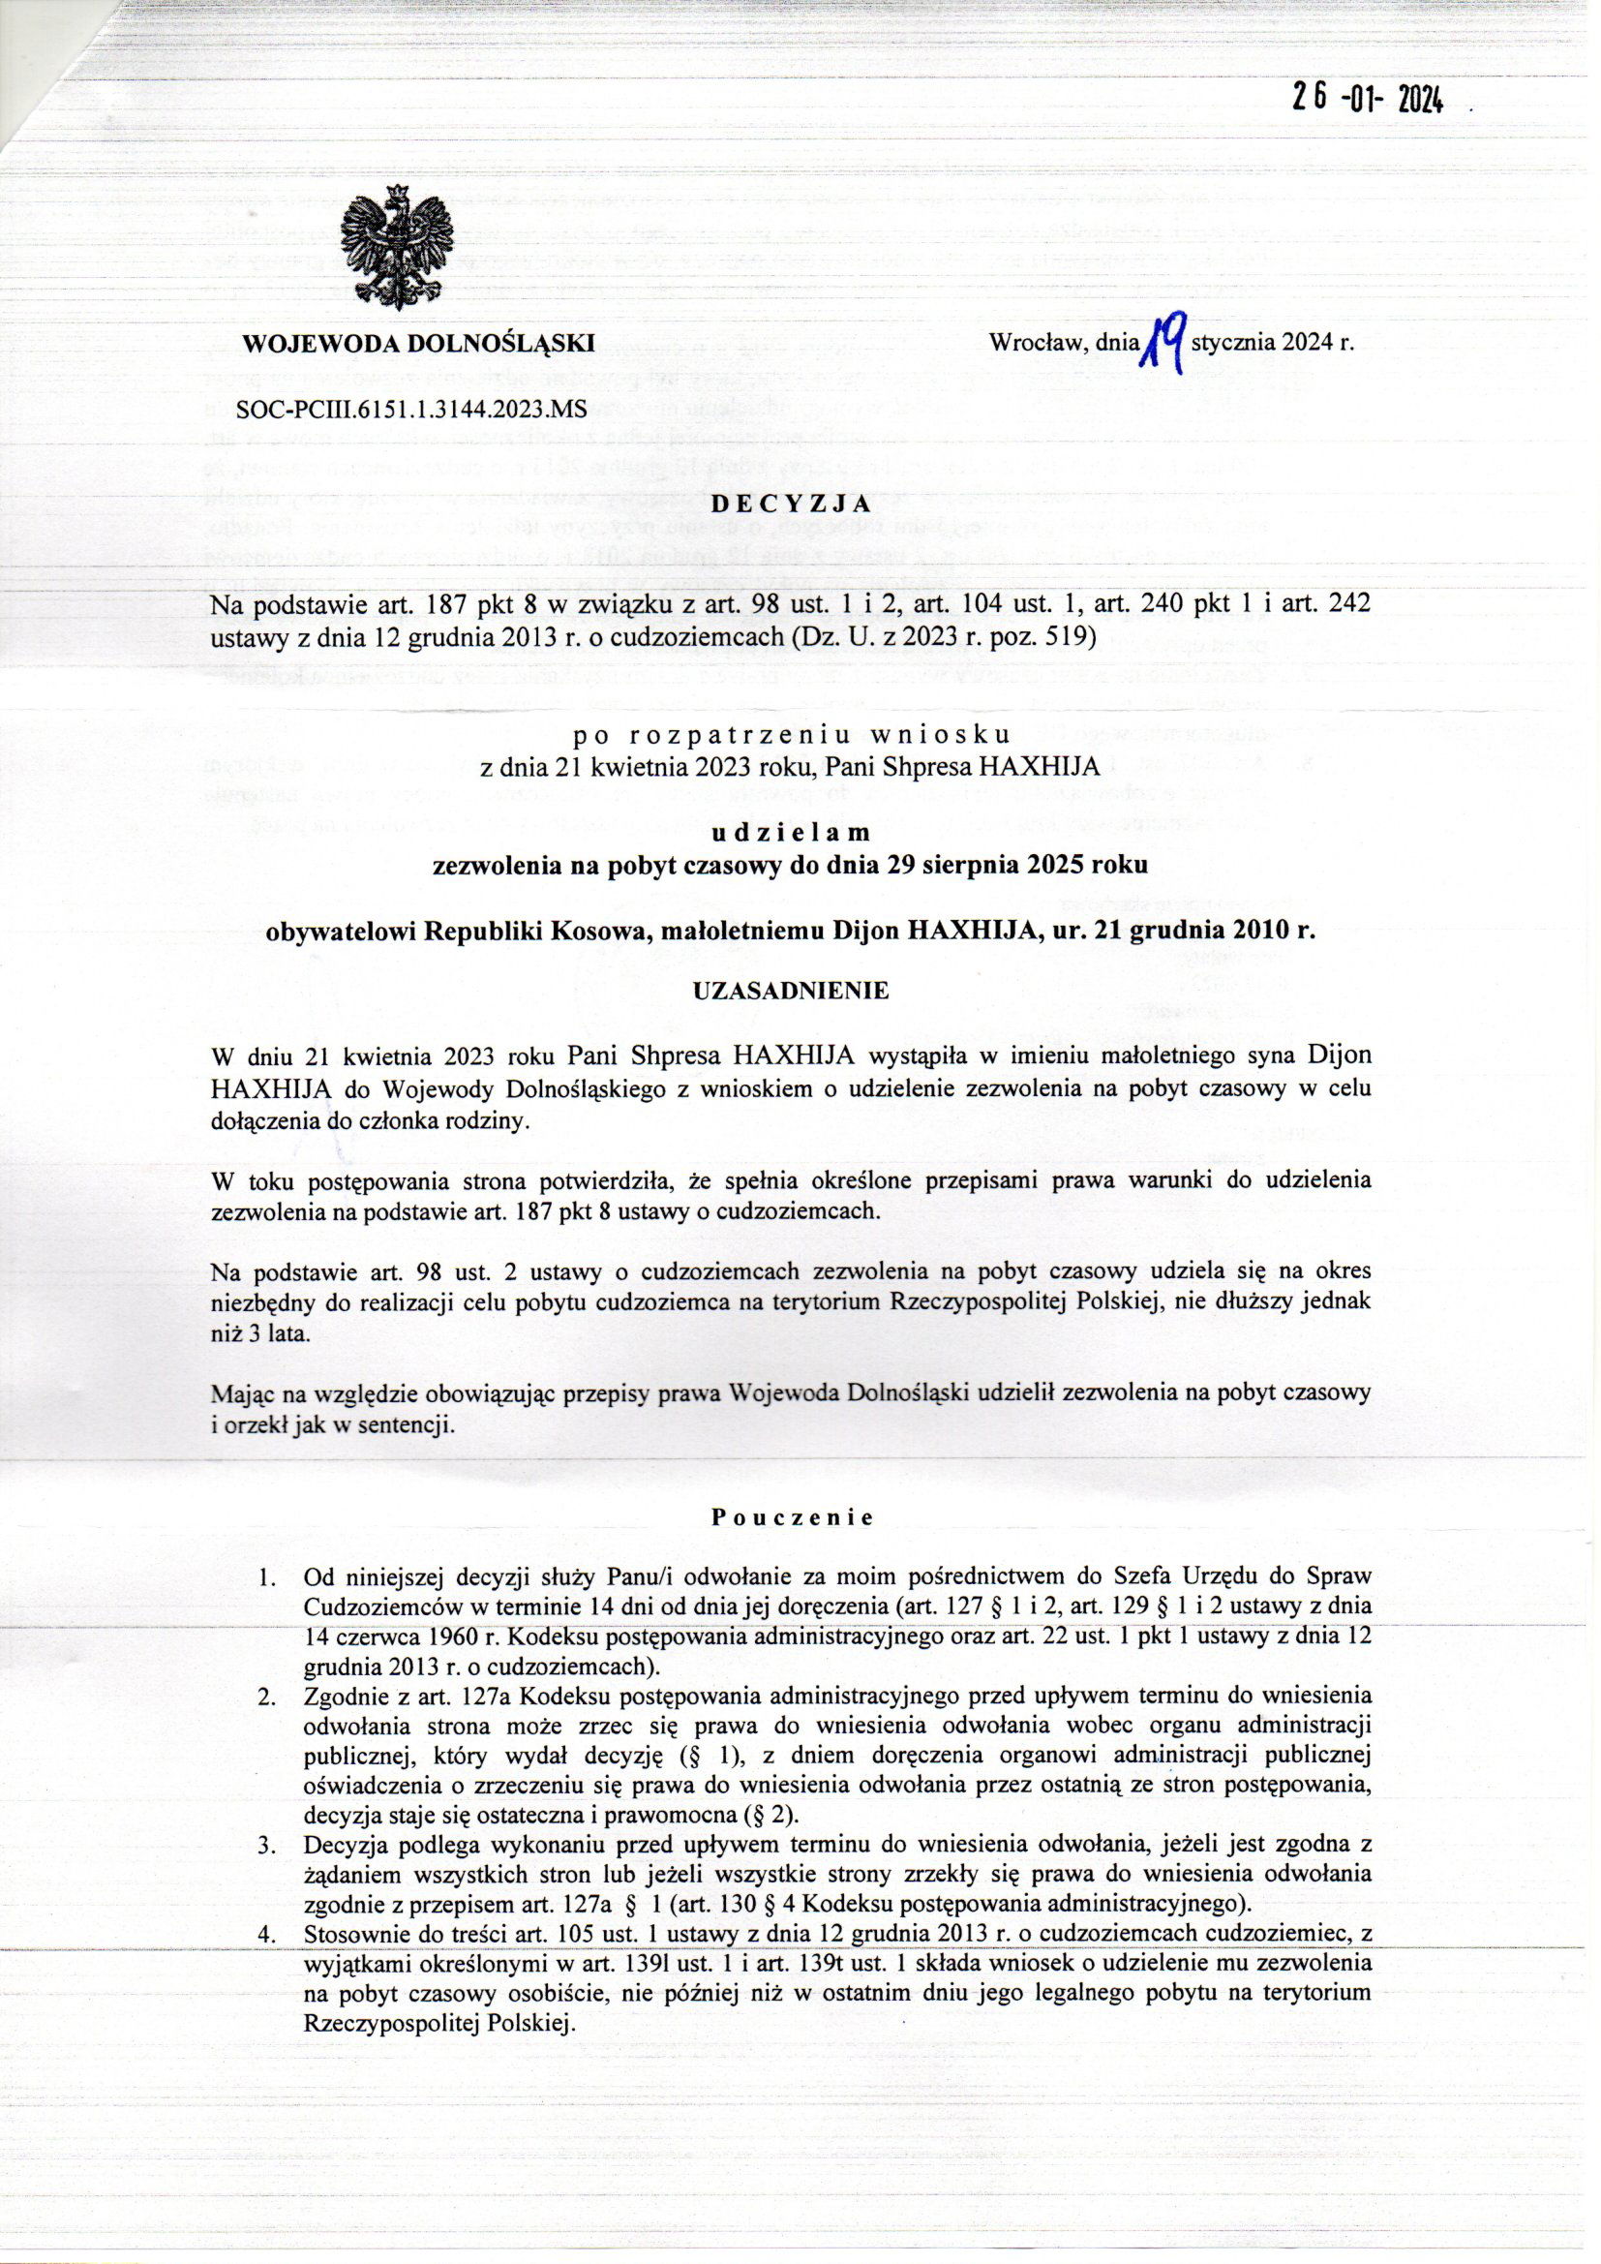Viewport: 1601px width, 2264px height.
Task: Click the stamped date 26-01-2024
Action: tap(1370, 100)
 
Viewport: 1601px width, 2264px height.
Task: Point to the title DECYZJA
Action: tap(793, 502)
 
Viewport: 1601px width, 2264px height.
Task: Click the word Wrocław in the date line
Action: tap(1031, 344)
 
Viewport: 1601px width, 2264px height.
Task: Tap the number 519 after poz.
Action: tap(1072, 638)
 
